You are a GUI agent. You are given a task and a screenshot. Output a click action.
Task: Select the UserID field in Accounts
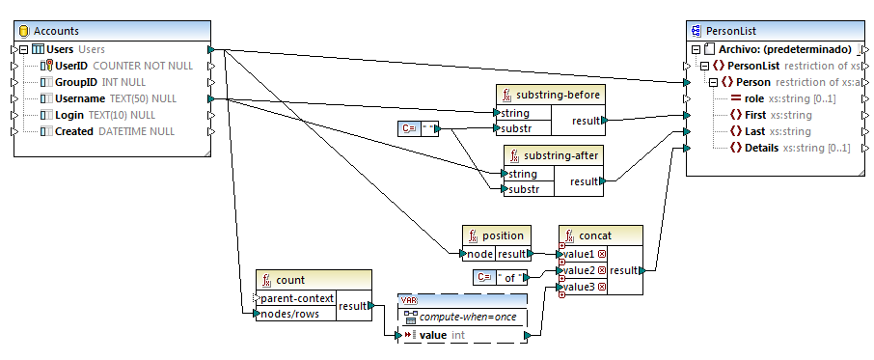[70, 66]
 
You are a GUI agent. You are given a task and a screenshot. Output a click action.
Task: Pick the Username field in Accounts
[79, 98]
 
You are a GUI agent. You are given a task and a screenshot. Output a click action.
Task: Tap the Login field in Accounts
[70, 115]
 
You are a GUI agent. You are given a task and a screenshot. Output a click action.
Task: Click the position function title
[503, 235]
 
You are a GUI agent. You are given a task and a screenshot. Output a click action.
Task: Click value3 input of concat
[580, 287]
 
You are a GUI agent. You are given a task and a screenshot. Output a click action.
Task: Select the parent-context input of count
[297, 298]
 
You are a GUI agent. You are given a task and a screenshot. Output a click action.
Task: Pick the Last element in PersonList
[754, 131]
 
